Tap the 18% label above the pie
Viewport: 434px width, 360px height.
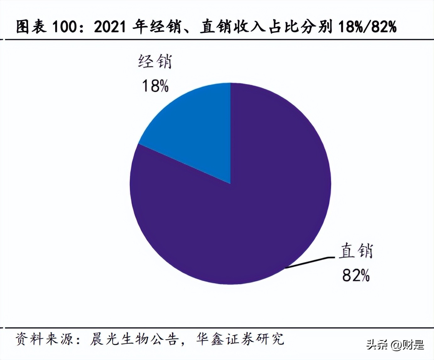[x=155, y=85]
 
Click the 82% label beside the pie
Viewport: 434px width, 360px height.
[x=356, y=275]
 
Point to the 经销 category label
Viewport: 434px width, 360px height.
[x=155, y=61]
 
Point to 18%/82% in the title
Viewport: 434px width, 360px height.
[x=367, y=27]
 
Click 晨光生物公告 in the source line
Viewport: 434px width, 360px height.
[x=134, y=339]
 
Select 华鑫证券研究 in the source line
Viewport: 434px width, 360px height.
[x=240, y=339]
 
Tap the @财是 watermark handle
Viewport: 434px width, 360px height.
[x=408, y=345]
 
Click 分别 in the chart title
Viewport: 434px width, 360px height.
[x=318, y=27]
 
